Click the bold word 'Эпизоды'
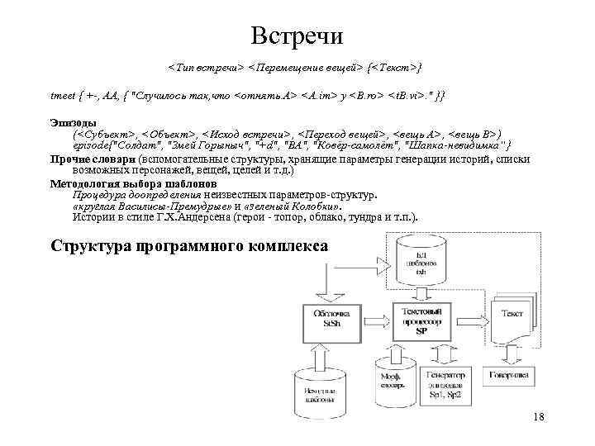(74, 122)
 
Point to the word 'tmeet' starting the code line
(63, 97)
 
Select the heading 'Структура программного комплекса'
(189, 245)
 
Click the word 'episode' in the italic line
(91, 145)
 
